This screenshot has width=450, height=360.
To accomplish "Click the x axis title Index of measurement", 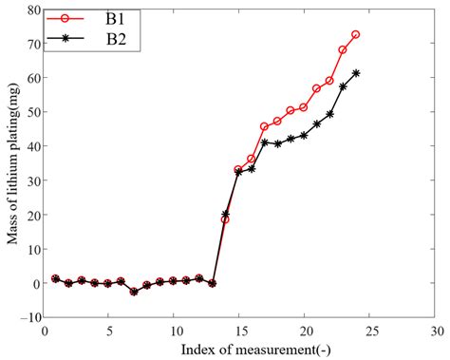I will [x=238, y=349].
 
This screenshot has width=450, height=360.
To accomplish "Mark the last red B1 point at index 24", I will [x=356, y=34].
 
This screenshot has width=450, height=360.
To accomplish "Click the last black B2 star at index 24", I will [x=356, y=73].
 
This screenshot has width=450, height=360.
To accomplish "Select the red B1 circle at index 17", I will [x=265, y=126].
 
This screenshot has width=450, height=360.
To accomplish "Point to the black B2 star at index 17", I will [x=265, y=142].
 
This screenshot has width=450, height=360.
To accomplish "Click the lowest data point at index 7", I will [x=134, y=292].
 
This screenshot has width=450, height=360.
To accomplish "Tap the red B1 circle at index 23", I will [x=343, y=49].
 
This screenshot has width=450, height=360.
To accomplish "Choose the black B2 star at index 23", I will [x=343, y=86].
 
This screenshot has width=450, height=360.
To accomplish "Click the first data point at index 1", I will [x=56, y=278].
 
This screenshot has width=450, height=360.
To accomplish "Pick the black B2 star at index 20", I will [x=304, y=135].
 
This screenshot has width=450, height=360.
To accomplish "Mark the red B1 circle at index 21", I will [x=317, y=88].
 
